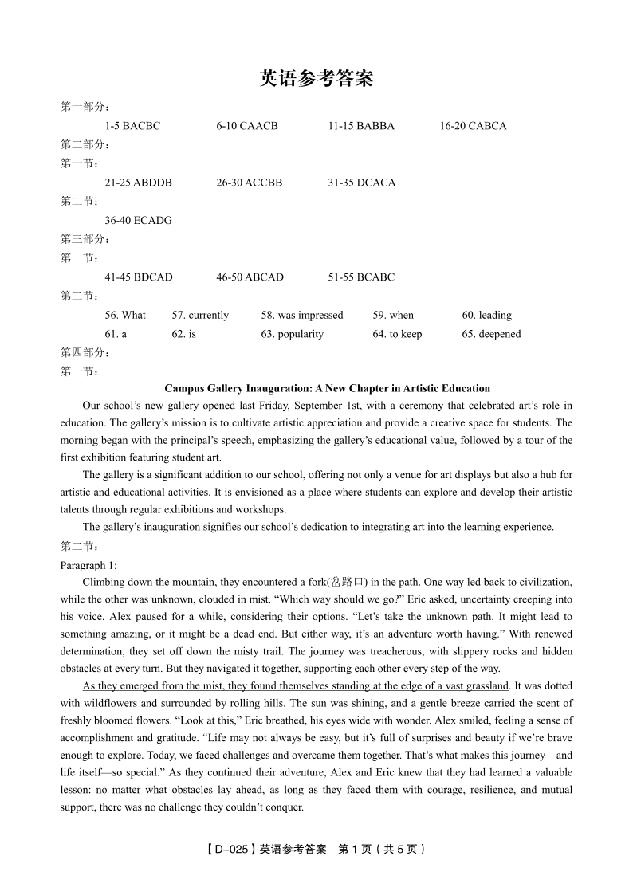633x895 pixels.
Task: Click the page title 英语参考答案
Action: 316,78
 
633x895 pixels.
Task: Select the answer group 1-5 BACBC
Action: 132,126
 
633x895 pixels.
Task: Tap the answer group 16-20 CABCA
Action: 473,126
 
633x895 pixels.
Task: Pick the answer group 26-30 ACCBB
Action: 249,183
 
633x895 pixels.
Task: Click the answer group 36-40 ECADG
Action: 138,220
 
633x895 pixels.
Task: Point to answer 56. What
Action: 125,316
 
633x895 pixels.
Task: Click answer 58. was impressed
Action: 301,316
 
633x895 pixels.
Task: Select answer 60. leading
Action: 486,316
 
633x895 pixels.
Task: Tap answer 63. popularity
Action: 292,335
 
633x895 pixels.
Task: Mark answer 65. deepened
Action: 491,335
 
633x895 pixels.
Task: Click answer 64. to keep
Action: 397,335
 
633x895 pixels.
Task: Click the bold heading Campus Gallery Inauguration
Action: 327,389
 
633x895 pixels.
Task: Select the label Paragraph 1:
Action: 88,566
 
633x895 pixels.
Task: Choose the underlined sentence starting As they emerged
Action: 295,686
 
